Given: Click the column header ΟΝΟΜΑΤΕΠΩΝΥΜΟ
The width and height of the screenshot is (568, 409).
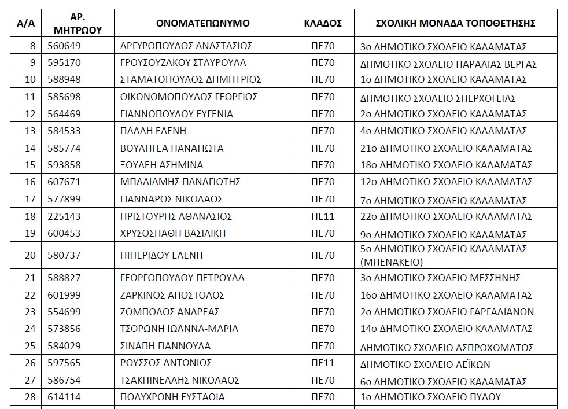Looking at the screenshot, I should [202, 24].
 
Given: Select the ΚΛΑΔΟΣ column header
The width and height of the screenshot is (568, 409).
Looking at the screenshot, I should [323, 24].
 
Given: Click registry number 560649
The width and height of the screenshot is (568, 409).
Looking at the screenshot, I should [65, 46].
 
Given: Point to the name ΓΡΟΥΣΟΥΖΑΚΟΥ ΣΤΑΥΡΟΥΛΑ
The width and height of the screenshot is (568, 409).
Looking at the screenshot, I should [183, 62].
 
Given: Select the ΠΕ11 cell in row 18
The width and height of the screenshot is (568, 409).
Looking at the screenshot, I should [323, 216].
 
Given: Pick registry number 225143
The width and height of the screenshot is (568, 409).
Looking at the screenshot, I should [65, 216].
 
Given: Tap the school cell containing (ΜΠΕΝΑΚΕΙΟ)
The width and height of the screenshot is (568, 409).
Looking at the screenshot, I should [443, 255].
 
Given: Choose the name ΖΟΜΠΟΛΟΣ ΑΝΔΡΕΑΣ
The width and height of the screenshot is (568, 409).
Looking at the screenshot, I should [169, 312].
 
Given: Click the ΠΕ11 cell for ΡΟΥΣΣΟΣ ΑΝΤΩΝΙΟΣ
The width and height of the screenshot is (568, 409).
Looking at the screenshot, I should [323, 363].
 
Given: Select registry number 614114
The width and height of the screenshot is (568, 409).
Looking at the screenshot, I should [65, 397].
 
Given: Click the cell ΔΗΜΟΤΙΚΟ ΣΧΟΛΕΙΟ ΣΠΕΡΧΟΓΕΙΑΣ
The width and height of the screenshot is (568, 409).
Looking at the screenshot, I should [437, 98].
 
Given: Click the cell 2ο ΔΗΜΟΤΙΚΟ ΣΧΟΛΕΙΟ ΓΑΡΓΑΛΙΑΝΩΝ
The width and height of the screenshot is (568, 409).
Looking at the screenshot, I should [447, 312].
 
